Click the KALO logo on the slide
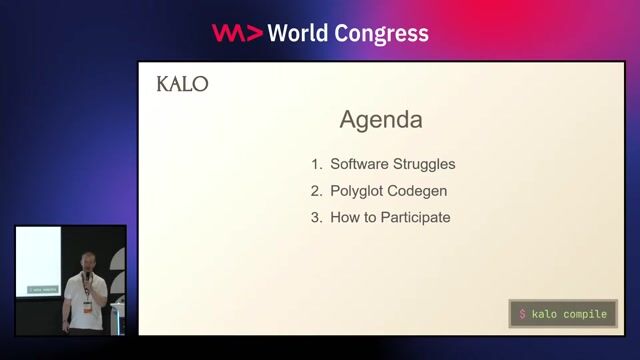182,85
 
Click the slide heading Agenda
381,120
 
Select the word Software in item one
359,164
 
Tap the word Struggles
424,164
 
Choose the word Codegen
420,190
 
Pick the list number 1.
316,164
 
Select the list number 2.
316,190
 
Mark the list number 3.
316,217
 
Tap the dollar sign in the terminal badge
522,314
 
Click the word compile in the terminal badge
585,314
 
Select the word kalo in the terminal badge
545,314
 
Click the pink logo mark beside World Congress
237,33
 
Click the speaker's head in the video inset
87,262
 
